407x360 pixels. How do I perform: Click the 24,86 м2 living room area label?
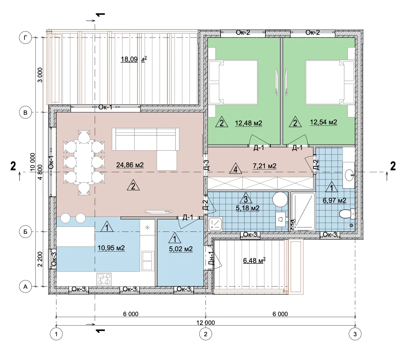click(x=130, y=165)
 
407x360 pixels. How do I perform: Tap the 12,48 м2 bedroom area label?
click(x=248, y=123)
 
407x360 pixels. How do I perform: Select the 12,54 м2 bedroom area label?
click(x=323, y=122)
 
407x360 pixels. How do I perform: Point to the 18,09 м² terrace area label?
click(x=134, y=59)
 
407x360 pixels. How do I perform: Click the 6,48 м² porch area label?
click(x=254, y=260)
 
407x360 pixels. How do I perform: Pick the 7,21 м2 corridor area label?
click(x=264, y=166)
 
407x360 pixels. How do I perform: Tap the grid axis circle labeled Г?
click(x=25, y=38)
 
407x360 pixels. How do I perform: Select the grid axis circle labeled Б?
click(x=25, y=232)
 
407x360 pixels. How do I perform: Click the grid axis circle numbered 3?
click(x=355, y=334)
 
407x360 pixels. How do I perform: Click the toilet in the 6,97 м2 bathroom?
click(x=347, y=214)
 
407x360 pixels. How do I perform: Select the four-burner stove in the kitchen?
click(x=104, y=279)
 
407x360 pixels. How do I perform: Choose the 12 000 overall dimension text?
click(x=206, y=323)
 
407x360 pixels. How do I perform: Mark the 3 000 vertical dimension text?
click(x=40, y=75)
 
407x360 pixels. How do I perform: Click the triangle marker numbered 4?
click(x=236, y=168)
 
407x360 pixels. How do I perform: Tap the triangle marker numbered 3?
click(x=246, y=198)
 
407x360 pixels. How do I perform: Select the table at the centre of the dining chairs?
click(x=84, y=162)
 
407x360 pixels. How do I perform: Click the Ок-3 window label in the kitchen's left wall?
click(x=54, y=259)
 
